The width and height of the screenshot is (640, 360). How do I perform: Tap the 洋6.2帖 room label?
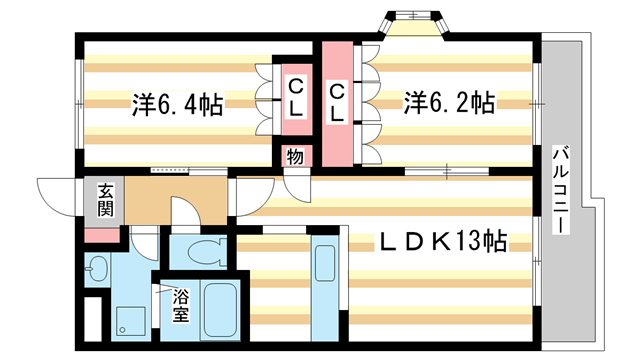(447, 102)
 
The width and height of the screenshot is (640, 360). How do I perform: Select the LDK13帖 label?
(441, 241)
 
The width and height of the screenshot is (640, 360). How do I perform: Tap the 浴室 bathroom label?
(180, 306)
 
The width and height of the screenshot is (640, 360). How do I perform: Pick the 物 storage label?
(295, 156)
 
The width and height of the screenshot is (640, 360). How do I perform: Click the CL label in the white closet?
(296, 96)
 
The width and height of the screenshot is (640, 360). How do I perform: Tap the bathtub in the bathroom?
(218, 309)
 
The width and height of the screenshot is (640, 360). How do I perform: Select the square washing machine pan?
(131, 319)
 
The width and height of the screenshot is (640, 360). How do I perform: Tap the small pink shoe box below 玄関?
(101, 236)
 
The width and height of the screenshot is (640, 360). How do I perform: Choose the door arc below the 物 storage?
(297, 184)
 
